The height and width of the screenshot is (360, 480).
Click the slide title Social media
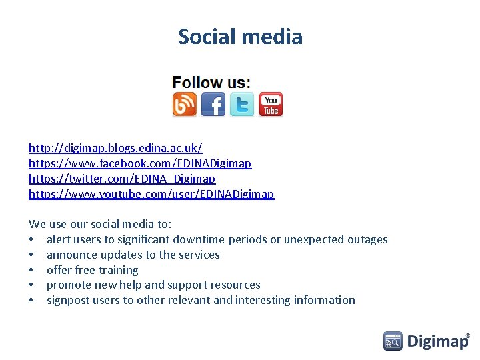pyautogui.click(x=240, y=37)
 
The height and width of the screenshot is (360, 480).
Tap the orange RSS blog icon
pyautogui.click(x=185, y=105)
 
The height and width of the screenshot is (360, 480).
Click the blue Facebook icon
pyautogui.click(x=213, y=105)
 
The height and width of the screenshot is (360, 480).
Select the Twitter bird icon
pyautogui.click(x=242, y=105)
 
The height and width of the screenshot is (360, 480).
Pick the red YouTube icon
pyautogui.click(x=271, y=105)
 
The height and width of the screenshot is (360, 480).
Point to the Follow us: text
pyautogui.click(x=211, y=83)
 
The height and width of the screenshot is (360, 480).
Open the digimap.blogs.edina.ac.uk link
pyautogui.click(x=115, y=147)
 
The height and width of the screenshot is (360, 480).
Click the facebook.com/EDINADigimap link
pyautogui.click(x=140, y=163)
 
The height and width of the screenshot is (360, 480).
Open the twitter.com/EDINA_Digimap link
pyautogui.click(x=122, y=179)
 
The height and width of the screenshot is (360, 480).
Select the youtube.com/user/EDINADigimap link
pyautogui.click(x=151, y=195)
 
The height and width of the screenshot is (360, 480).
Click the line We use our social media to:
pyautogui.click(x=100, y=225)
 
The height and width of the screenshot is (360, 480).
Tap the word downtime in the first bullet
pyautogui.click(x=199, y=240)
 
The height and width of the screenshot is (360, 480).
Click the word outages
pyautogui.click(x=365, y=240)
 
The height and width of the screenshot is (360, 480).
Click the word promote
pyautogui.click(x=69, y=285)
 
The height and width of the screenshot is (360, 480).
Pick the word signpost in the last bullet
pyautogui.click(x=68, y=301)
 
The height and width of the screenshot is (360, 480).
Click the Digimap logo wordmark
pyautogui.click(x=437, y=342)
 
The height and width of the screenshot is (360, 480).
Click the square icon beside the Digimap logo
pyautogui.click(x=393, y=341)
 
